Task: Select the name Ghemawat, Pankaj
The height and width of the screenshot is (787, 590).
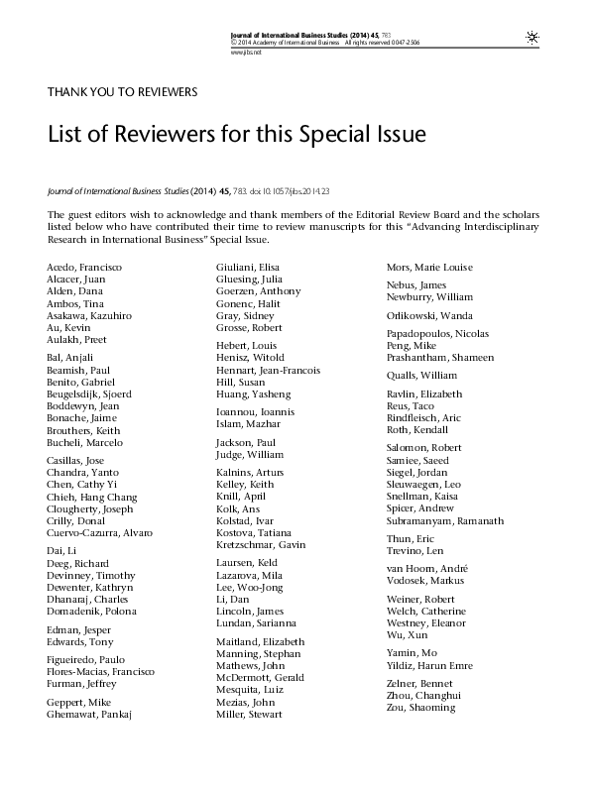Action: point(89,714)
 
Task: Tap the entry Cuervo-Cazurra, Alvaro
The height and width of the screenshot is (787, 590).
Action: point(99,533)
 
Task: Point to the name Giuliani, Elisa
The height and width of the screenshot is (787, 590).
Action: point(250,268)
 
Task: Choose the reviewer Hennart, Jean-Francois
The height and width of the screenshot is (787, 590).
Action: point(269,370)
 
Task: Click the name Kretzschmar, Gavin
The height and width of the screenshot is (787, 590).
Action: point(261,545)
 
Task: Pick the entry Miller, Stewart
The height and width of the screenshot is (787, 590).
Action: point(249,714)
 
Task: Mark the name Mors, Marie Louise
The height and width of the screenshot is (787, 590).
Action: point(429,268)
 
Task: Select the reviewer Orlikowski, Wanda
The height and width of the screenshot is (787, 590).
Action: point(428,316)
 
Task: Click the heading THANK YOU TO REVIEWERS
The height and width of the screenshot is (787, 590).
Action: point(123,92)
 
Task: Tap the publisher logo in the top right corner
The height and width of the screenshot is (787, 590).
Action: point(532,37)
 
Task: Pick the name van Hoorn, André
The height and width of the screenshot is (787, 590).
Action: point(427,569)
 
